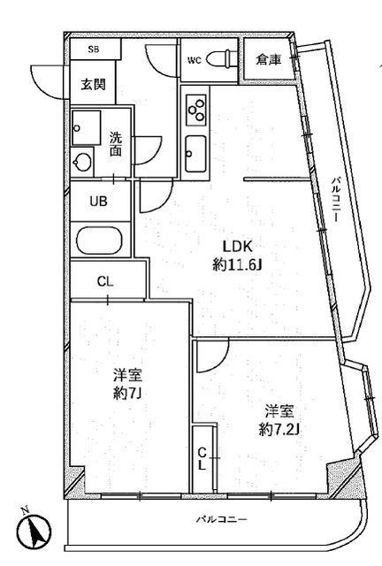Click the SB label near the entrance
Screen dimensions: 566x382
pos(92,50)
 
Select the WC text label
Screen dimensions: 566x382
pos(195,60)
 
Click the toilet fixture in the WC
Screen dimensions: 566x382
pos(225,59)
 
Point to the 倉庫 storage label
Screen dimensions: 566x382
pos(269,60)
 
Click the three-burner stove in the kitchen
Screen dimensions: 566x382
pos(197,111)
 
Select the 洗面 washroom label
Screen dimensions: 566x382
pos(116,144)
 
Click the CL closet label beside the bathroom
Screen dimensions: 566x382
pos(104,282)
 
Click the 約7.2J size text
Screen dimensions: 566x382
pos(279,429)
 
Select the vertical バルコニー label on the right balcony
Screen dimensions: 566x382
pos(336,203)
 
